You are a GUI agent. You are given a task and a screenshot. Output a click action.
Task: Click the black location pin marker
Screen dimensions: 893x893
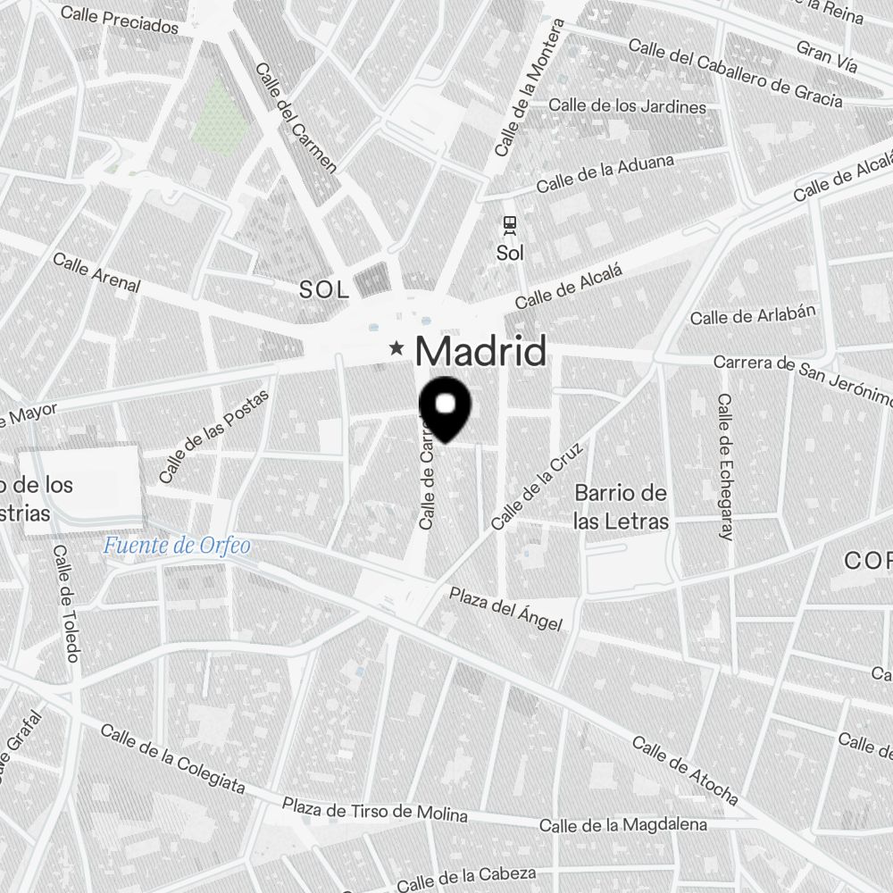[445, 407]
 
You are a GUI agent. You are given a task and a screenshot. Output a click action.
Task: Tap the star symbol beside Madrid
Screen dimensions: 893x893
[396, 348]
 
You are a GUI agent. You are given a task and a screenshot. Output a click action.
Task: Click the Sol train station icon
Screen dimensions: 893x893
[510, 224]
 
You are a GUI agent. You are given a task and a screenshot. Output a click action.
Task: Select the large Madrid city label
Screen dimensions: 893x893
[480, 352]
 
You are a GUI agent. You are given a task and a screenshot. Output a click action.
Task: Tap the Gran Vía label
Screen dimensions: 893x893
[827, 55]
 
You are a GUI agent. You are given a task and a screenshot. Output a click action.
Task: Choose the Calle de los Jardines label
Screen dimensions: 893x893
[627, 106]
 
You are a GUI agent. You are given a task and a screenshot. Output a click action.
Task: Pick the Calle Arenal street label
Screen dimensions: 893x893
[96, 272]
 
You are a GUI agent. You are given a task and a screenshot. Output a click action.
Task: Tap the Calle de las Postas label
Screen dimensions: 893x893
[208, 448]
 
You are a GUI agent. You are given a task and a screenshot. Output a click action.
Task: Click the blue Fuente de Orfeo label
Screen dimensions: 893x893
[177, 545]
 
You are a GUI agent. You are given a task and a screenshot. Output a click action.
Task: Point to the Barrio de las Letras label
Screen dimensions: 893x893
[622, 507]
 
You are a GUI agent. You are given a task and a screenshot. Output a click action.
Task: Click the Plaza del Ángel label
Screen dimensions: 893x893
[505, 608]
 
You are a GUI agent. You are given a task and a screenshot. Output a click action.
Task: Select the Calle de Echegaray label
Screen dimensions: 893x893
[724, 467]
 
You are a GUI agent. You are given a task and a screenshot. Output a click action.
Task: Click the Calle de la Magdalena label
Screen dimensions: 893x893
[623, 825]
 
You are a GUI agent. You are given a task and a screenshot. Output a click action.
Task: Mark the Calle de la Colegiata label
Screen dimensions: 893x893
[172, 758]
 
